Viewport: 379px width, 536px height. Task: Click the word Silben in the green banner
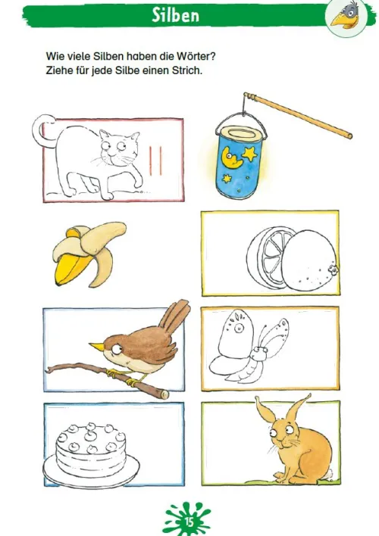[175, 15]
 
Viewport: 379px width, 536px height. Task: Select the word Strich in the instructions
[187, 70]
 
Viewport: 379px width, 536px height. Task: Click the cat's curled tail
[42, 129]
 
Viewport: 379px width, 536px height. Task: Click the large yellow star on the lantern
[249, 154]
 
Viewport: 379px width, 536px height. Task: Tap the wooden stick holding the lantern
[298, 115]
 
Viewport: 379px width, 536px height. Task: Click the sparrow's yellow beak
[96, 346]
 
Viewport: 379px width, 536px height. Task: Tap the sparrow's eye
[117, 349]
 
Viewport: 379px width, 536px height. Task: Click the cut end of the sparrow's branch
[164, 394]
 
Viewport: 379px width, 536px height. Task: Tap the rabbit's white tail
[329, 474]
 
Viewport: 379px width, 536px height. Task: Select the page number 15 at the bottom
[189, 522]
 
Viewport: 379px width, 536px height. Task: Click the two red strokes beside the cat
[155, 160]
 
